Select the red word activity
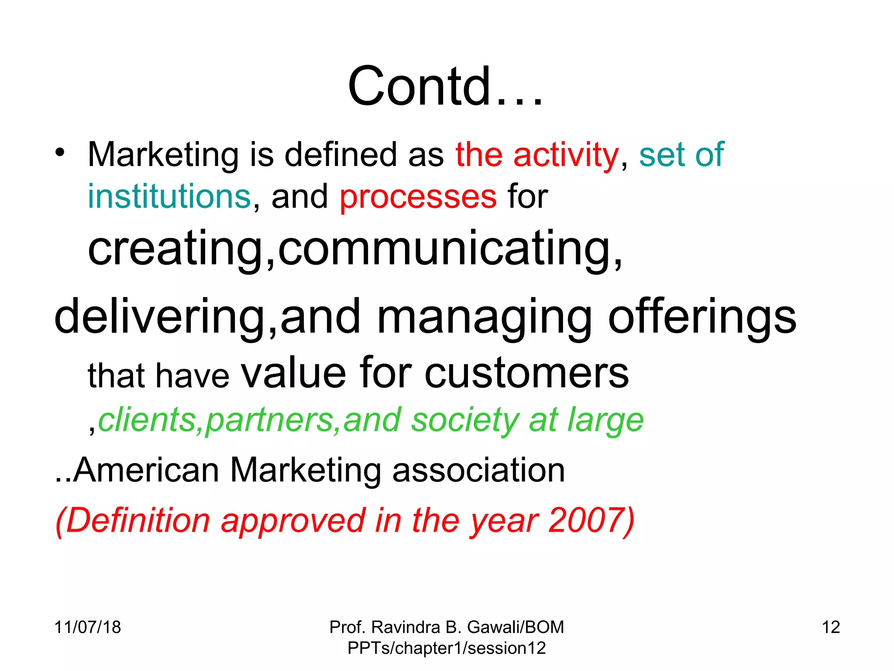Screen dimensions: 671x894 coord(566,155)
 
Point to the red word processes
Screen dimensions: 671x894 coord(418,197)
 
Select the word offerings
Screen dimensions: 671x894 coord(702,317)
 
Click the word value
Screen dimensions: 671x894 coord(293,373)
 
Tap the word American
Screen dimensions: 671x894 coord(146,470)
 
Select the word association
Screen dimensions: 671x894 coord(478,470)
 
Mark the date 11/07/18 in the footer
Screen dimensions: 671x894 coord(87,627)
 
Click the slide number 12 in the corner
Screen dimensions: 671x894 coord(831,627)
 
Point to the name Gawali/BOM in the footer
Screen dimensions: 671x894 coord(515,627)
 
